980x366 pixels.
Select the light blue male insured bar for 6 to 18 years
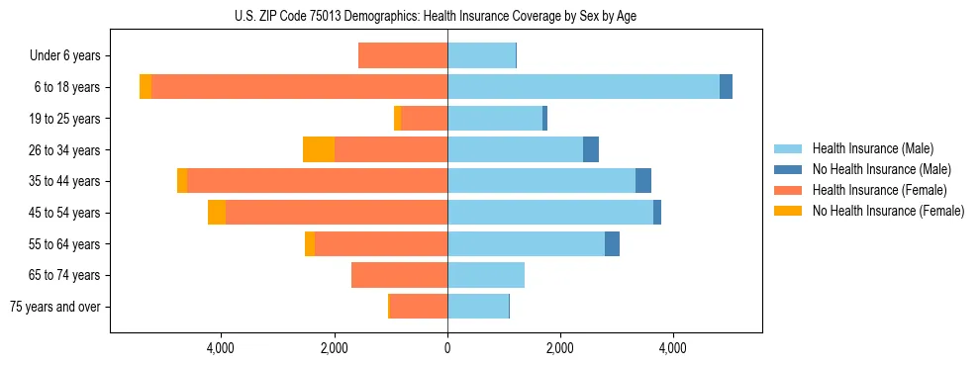[583, 87]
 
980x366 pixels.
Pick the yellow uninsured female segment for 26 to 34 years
[319, 149]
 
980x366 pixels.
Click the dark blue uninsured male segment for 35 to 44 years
[643, 181]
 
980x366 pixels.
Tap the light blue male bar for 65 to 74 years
[486, 275]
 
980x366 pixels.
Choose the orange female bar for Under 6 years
[403, 56]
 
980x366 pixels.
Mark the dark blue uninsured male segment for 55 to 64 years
[612, 243]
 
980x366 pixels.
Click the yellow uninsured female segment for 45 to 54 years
[217, 213]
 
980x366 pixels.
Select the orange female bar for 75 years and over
[419, 307]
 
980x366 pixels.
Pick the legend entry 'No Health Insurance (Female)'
[888, 211]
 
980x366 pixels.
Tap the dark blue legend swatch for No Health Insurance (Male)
[788, 169]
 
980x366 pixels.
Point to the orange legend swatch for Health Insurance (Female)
[788, 190]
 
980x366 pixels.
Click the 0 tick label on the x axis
[447, 348]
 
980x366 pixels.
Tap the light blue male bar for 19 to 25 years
[495, 119]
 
